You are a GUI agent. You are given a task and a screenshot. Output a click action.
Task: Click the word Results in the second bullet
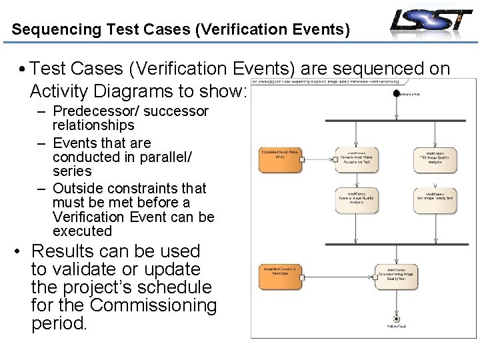[x=63, y=251]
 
